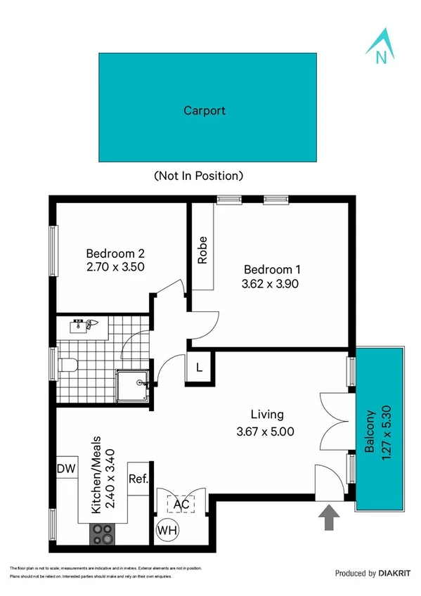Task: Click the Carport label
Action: pyautogui.click(x=205, y=110)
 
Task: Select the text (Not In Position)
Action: pyautogui.click(x=198, y=175)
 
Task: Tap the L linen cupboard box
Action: pyautogui.click(x=199, y=367)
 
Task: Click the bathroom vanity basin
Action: pyautogui.click(x=86, y=325)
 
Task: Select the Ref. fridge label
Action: pyautogui.click(x=138, y=479)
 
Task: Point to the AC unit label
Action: pyautogui.click(x=181, y=503)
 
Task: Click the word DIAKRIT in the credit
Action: pyautogui.click(x=394, y=574)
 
